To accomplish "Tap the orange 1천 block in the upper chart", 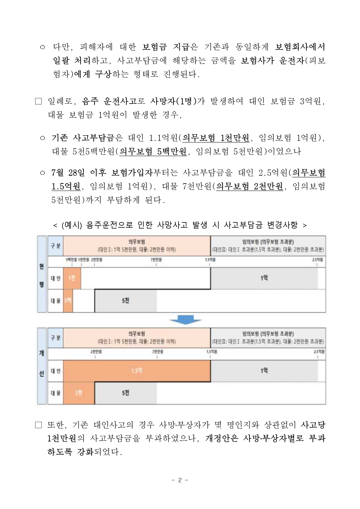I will [x=72, y=278].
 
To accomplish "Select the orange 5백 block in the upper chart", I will [x=68, y=301].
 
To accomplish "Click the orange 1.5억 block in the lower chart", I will [x=137, y=371].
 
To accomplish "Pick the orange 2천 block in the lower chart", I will [x=79, y=393].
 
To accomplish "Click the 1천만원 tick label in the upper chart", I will [x=84, y=260].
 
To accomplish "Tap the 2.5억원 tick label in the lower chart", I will [x=319, y=352].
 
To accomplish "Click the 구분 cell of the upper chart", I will [x=55, y=246].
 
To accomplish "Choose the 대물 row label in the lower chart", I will [x=55, y=393].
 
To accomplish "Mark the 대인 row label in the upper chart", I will [x=55, y=278].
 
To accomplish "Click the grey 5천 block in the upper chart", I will [x=125, y=301].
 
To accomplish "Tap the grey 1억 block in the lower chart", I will [x=264, y=371].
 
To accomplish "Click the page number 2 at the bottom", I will [x=180, y=480].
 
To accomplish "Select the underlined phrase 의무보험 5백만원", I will [x=153, y=151].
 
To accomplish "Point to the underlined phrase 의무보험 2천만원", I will [x=250, y=186].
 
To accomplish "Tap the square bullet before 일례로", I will [x=39, y=102].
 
